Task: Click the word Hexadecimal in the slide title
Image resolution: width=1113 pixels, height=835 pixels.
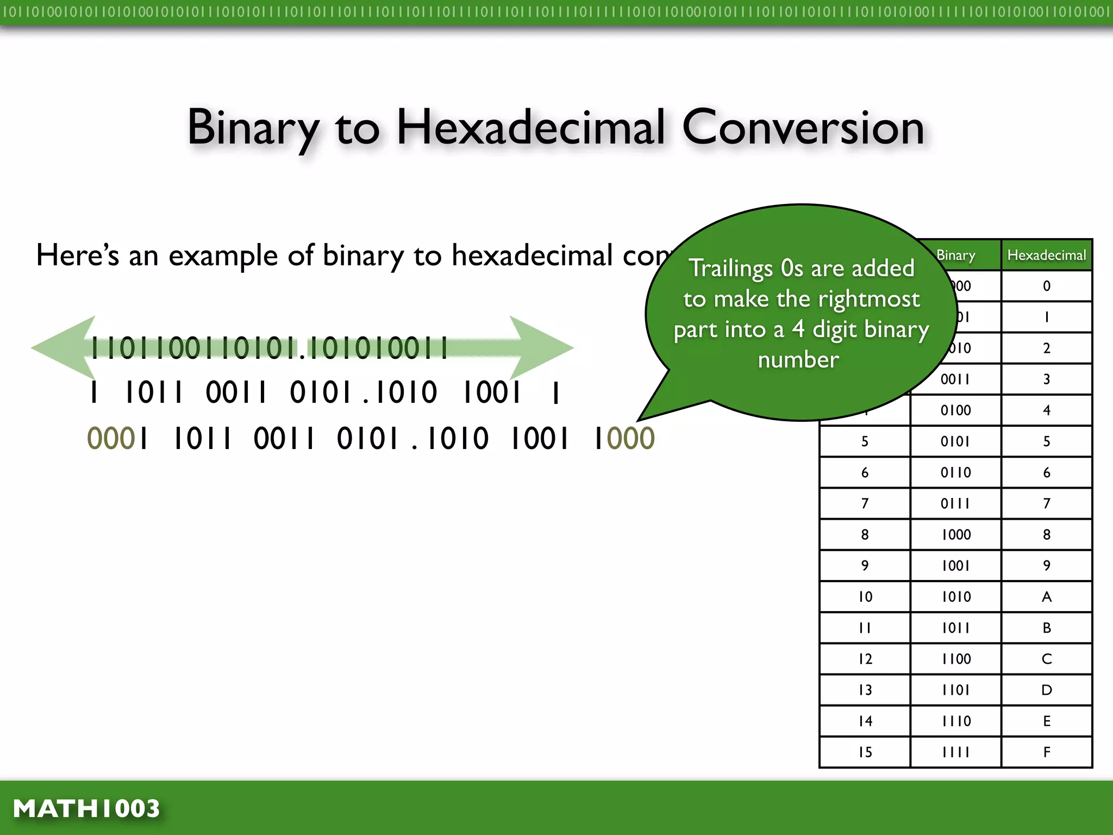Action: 530,127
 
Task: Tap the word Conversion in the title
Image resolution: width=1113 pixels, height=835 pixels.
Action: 803,127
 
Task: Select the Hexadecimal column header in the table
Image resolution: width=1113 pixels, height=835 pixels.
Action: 1046,255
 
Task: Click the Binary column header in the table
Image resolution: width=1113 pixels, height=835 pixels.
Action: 955,255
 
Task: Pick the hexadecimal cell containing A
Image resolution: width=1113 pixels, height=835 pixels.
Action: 1046,597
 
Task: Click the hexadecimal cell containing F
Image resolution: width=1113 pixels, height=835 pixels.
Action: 1046,752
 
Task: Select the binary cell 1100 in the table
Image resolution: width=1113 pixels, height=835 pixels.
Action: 955,659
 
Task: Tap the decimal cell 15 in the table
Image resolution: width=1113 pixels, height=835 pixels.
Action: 865,752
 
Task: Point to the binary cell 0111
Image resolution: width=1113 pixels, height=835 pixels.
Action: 955,503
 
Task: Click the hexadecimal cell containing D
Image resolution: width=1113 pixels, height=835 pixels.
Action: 1046,690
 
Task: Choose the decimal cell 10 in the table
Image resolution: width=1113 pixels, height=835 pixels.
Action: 865,597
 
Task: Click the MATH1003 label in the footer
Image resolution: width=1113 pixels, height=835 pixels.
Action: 86,808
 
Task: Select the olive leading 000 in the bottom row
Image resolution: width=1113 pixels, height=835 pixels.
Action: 110,439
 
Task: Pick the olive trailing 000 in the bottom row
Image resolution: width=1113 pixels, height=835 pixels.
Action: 630,439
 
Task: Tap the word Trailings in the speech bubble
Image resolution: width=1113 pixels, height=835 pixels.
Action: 730,269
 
